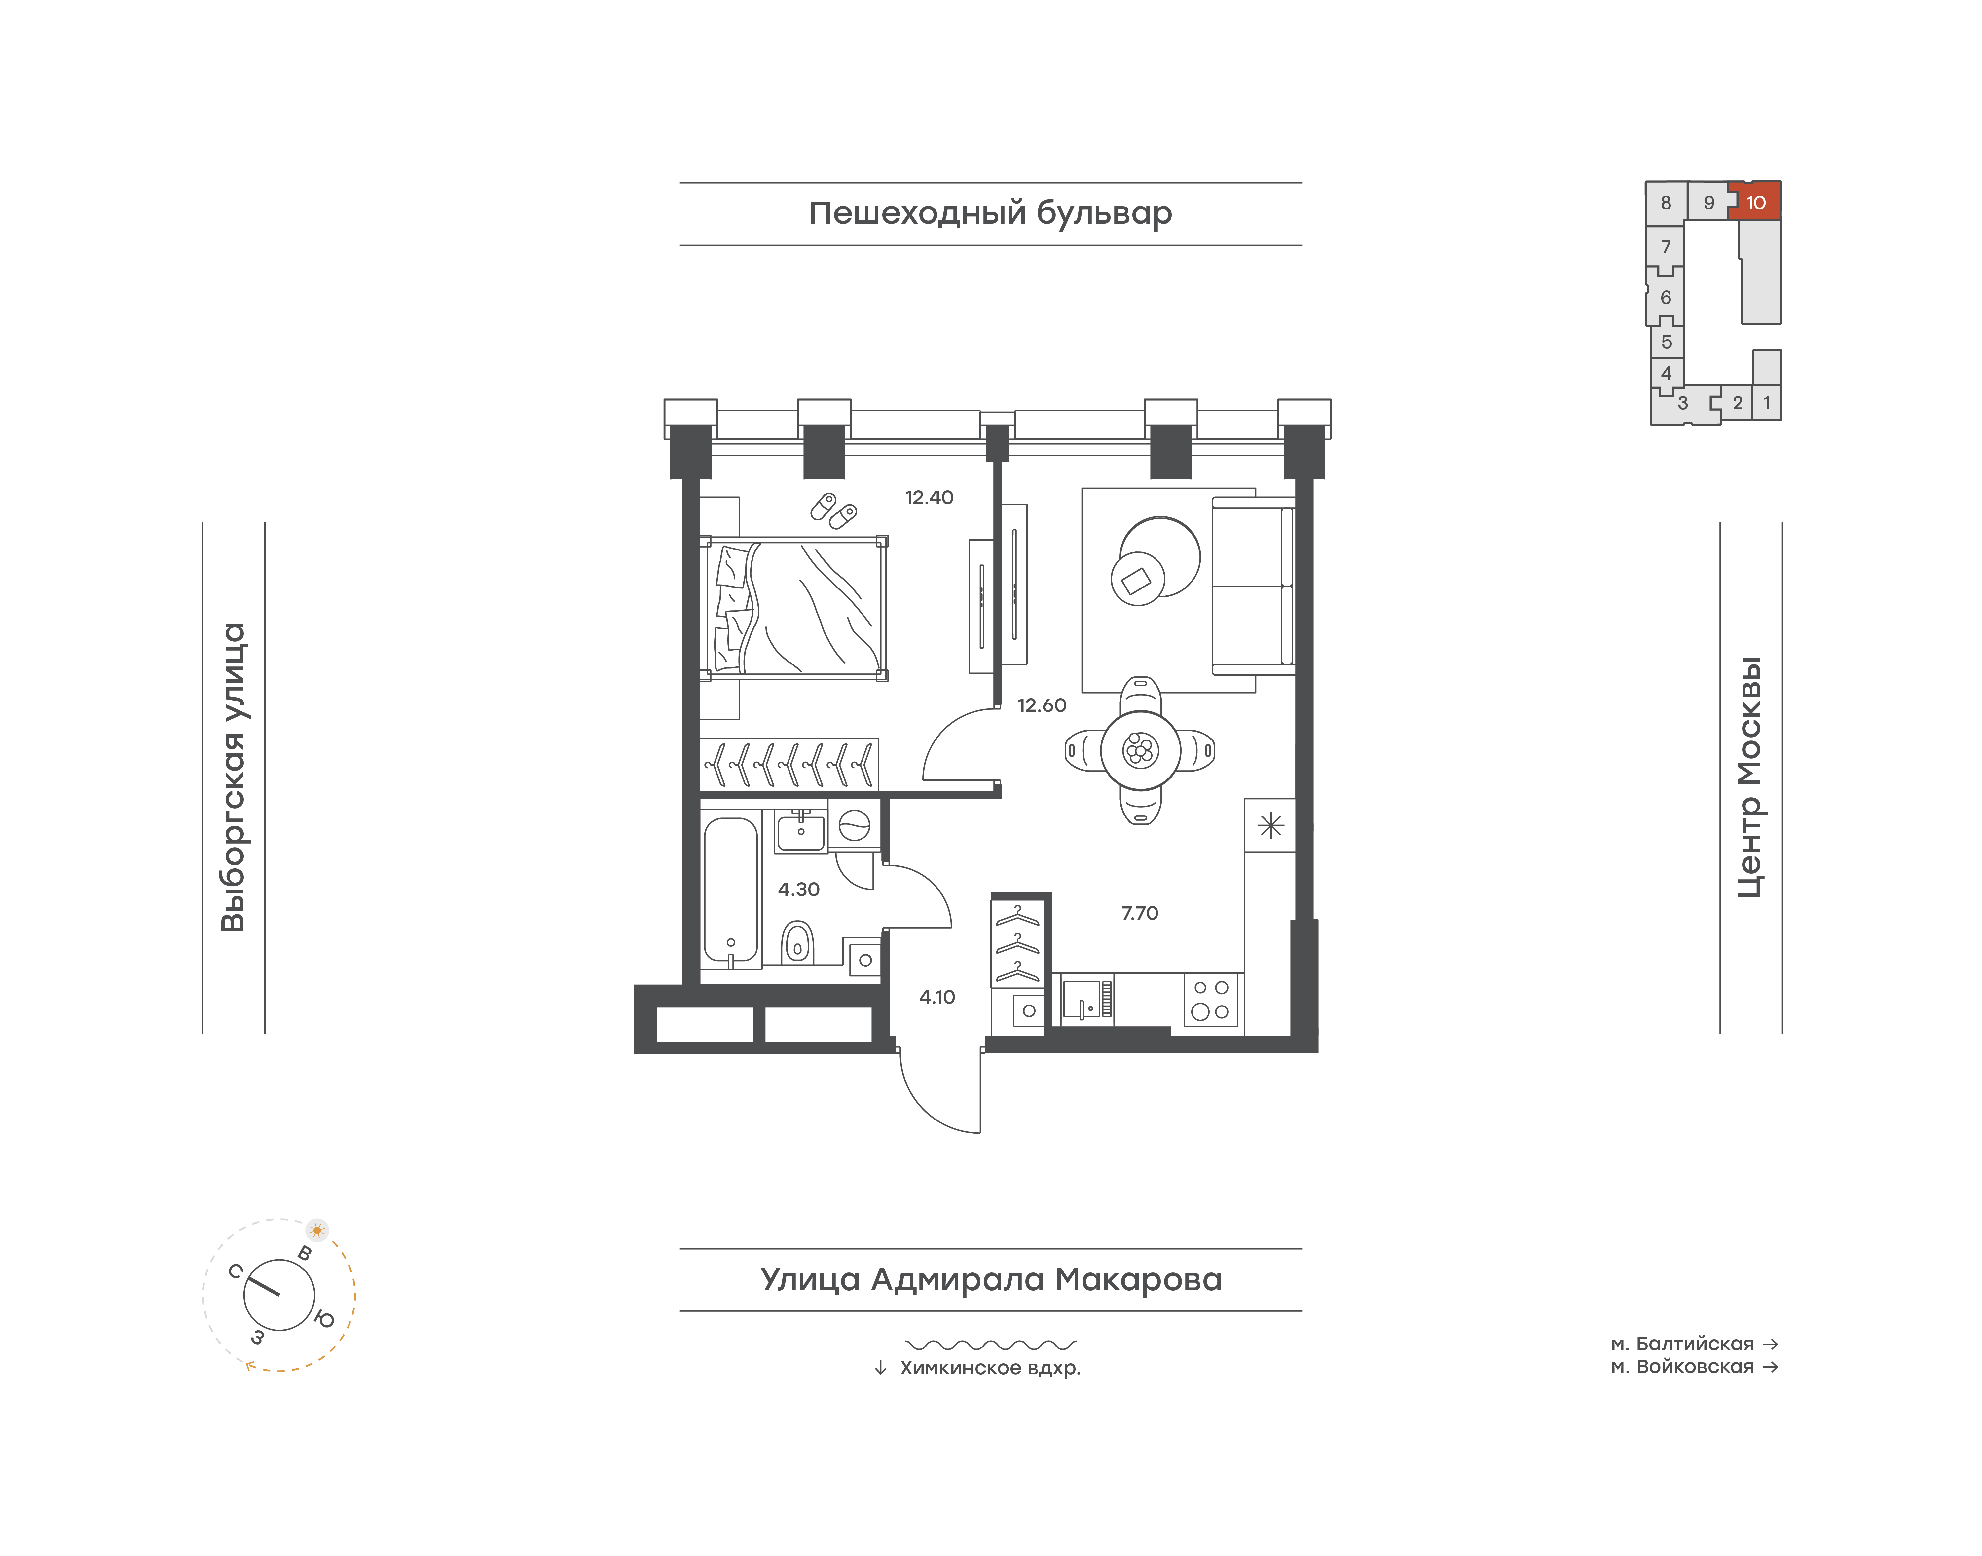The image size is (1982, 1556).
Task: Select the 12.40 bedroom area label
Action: click(929, 497)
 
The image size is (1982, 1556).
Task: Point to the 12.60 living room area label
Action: click(1042, 705)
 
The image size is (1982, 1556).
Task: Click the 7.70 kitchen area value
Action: click(1139, 913)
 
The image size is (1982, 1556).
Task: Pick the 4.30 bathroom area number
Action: click(799, 889)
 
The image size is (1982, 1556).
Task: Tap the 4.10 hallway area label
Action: click(937, 997)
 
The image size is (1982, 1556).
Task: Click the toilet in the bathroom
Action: click(798, 943)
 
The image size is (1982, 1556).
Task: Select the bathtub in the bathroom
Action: click(730, 889)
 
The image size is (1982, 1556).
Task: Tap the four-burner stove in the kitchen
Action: click(1211, 999)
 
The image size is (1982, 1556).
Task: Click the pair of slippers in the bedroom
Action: click(833, 510)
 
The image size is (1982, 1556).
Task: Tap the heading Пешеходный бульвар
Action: click(991, 213)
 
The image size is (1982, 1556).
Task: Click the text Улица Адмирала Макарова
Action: click(991, 1279)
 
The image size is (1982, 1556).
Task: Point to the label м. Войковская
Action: click(1682, 1367)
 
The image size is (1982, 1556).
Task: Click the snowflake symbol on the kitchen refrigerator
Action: click(1271, 825)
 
